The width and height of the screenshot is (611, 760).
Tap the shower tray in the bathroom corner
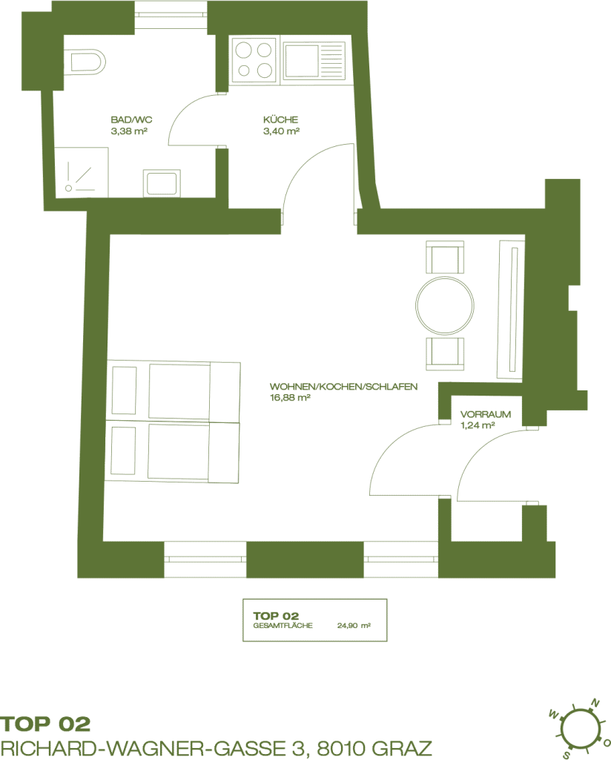pyautogui.click(x=81, y=172)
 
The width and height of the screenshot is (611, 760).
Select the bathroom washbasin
pyautogui.click(x=162, y=183)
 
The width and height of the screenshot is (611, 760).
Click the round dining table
pyautogui.click(x=444, y=306)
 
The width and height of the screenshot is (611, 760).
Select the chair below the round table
pyautogui.click(x=445, y=354)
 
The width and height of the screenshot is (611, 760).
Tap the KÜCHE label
pyautogui.click(x=281, y=119)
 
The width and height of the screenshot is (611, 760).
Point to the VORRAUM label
pyautogui.click(x=486, y=414)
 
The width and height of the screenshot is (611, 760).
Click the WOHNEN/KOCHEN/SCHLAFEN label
pyautogui.click(x=344, y=387)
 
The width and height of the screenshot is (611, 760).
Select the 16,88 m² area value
pyautogui.click(x=290, y=398)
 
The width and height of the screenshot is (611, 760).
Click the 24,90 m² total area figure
pyautogui.click(x=354, y=626)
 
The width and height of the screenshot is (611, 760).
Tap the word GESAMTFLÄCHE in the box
pyautogui.click(x=283, y=626)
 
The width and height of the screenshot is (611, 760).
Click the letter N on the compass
pyautogui.click(x=595, y=703)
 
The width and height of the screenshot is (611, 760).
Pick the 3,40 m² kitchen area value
pyautogui.click(x=281, y=131)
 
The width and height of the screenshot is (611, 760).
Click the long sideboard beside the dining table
pyautogui.click(x=511, y=309)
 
